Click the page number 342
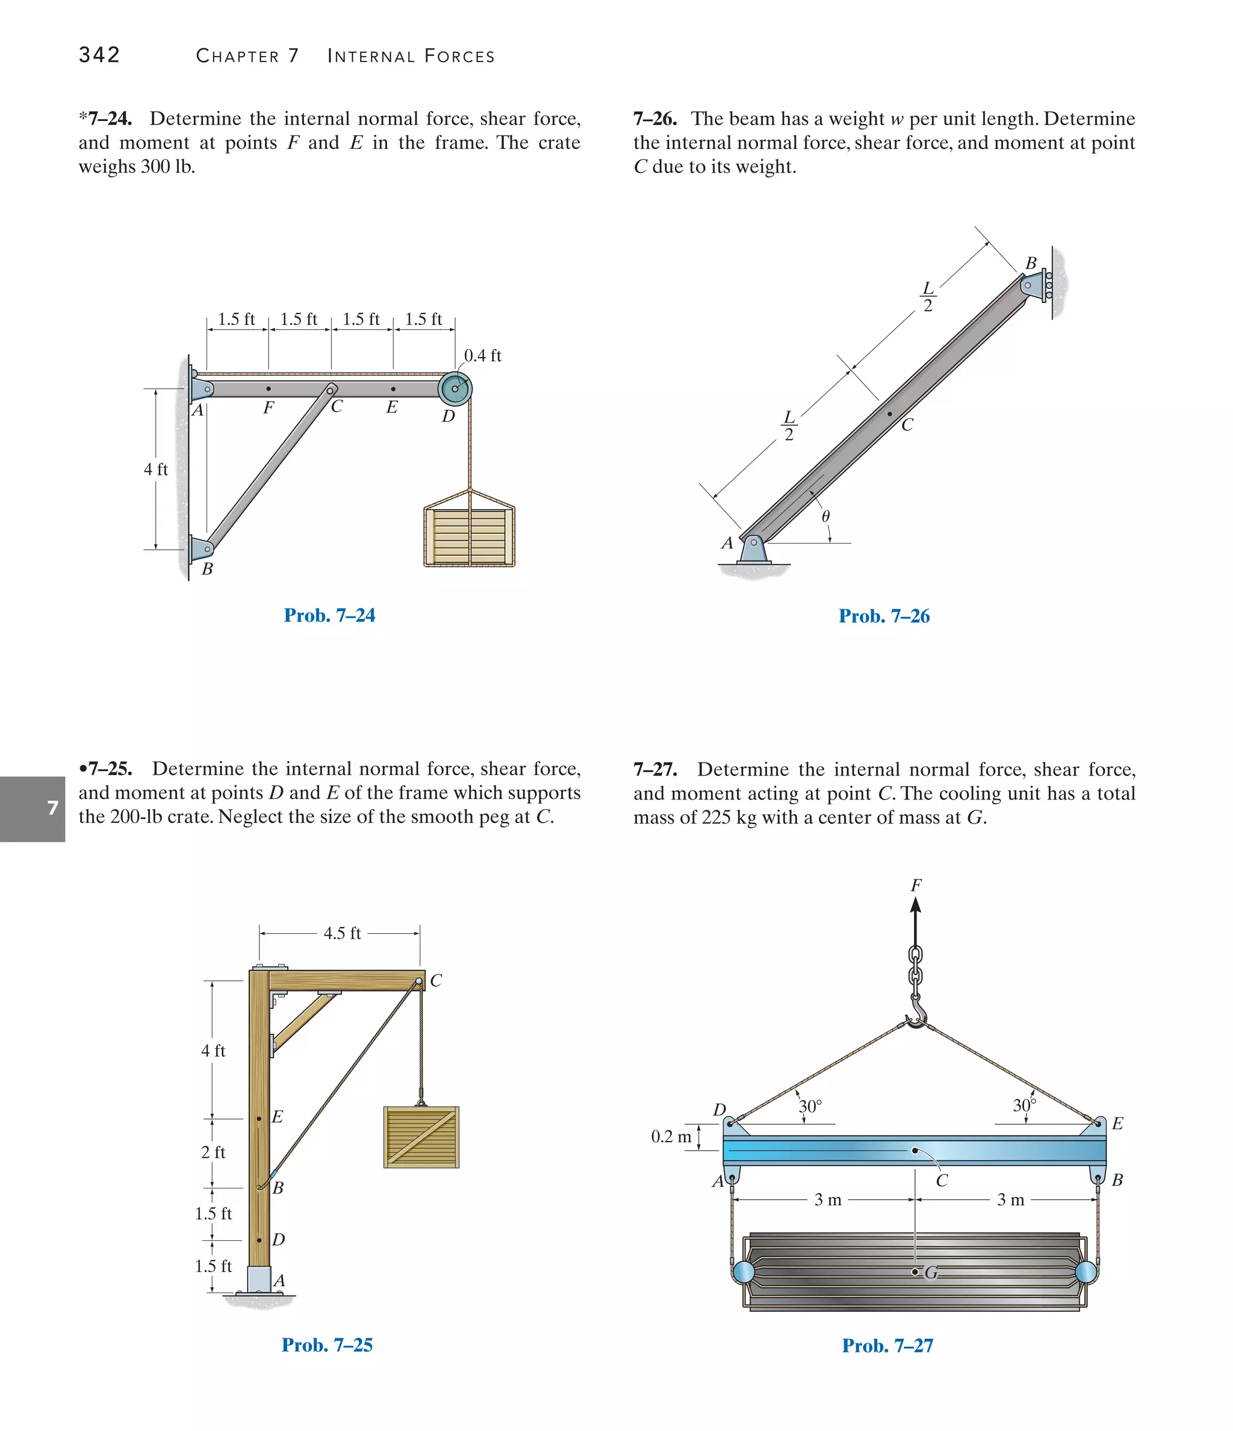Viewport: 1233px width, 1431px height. click(x=99, y=55)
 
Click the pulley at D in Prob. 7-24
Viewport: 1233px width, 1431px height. click(x=455, y=388)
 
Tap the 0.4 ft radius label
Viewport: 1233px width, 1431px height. click(x=482, y=356)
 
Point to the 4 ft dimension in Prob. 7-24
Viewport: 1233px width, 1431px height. click(x=155, y=470)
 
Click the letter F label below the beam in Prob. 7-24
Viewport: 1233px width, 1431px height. click(x=269, y=408)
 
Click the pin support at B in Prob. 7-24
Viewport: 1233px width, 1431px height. click(x=202, y=550)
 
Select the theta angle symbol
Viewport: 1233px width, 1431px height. click(x=825, y=517)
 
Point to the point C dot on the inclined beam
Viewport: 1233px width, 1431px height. click(x=890, y=414)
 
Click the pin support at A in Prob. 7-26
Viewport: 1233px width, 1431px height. click(x=754, y=550)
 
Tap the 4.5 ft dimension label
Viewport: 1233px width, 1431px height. click(x=342, y=934)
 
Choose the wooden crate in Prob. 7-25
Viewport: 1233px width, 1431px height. click(x=421, y=1137)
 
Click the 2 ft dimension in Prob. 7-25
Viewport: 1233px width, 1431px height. click(x=214, y=1152)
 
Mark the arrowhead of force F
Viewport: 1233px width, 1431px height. click(x=916, y=905)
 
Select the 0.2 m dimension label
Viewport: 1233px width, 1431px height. click(x=671, y=1137)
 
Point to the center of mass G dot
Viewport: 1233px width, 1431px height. click(x=915, y=1272)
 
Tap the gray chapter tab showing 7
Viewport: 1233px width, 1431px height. click(x=33, y=808)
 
